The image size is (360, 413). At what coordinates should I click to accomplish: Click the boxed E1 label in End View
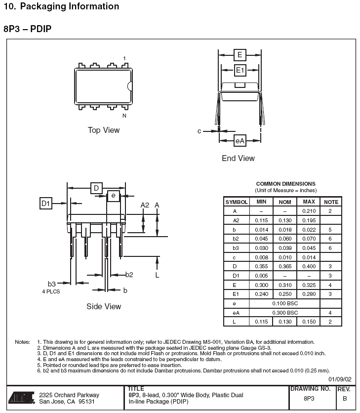pyautogui.click(x=240, y=70)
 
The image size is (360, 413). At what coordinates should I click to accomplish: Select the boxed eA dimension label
pyautogui.click(x=240, y=141)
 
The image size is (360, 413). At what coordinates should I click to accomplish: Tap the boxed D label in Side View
pyautogui.click(x=96, y=188)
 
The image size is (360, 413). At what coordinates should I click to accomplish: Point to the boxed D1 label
pyautogui.click(x=46, y=204)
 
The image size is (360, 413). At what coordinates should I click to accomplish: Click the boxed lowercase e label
pyautogui.click(x=114, y=196)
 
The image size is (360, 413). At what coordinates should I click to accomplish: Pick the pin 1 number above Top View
pyautogui.click(x=124, y=58)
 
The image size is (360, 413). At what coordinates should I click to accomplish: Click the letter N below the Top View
pyautogui.click(x=124, y=116)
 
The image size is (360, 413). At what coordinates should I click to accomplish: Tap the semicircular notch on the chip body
pyautogui.click(x=129, y=86)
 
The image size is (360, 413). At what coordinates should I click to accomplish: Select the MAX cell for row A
pyautogui.click(x=309, y=211)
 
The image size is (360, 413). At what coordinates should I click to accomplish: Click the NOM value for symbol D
pyautogui.click(x=285, y=266)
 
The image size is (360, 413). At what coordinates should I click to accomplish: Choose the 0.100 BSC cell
pyautogui.click(x=285, y=303)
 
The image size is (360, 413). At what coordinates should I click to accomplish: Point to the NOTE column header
pyautogui.click(x=331, y=202)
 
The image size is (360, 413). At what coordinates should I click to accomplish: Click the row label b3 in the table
pyautogui.click(x=236, y=248)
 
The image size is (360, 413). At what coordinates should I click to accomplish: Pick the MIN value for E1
pyautogui.click(x=262, y=294)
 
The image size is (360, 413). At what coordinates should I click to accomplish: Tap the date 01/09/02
pyautogui.click(x=340, y=379)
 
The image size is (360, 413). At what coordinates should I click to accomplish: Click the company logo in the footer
pyautogui.click(x=22, y=398)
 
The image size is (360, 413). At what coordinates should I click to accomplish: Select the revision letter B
pyautogui.click(x=345, y=399)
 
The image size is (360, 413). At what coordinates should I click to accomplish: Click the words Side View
pyautogui.click(x=104, y=306)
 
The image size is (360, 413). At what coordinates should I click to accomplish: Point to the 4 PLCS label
pyautogui.click(x=51, y=291)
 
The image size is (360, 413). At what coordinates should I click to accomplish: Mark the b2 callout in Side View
pyautogui.click(x=129, y=275)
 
